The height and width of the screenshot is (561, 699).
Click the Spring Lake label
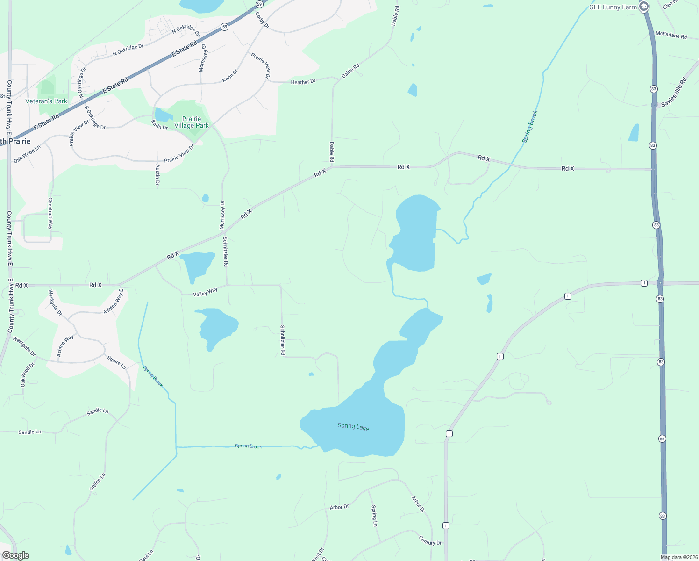click(353, 426)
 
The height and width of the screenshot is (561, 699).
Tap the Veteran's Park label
click(46, 101)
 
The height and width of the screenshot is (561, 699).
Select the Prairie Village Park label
click(192, 122)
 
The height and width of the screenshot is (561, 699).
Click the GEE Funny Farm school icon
click(644, 7)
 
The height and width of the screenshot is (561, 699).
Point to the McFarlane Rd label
click(671, 35)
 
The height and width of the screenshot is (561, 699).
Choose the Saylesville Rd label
click(674, 93)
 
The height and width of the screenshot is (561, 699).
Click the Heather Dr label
click(303, 82)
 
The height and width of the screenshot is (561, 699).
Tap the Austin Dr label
click(157, 175)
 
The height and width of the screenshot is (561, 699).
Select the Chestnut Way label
click(50, 213)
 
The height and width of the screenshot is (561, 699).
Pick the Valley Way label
click(205, 292)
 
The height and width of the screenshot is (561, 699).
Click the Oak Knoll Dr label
click(27, 374)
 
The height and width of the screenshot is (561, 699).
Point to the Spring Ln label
click(374, 515)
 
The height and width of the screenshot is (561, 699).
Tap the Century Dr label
click(430, 540)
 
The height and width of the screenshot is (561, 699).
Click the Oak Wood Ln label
click(27, 154)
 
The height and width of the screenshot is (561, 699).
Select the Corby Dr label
click(262, 20)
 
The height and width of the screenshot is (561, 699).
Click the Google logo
click(15, 555)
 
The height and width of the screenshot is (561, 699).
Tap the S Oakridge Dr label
click(95, 117)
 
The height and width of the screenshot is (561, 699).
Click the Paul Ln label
click(146, 555)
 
